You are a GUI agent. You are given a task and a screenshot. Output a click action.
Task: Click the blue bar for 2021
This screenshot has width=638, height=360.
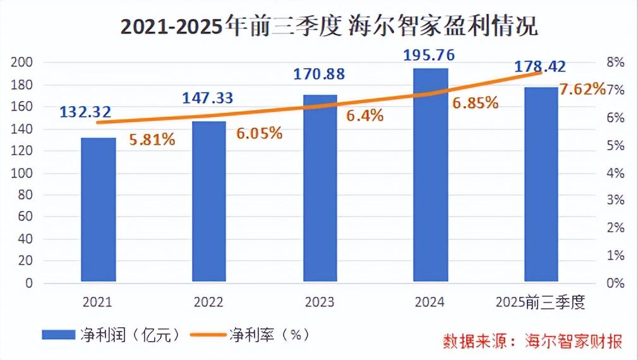[x=99, y=210]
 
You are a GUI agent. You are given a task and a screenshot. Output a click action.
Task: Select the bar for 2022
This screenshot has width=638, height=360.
[x=209, y=201]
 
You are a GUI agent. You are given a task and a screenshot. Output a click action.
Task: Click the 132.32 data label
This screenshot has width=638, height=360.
[x=86, y=112]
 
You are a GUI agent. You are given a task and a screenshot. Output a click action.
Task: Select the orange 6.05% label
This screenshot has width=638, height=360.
[x=259, y=134]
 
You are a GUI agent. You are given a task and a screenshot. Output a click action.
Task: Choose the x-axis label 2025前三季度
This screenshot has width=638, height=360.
[x=541, y=303]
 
